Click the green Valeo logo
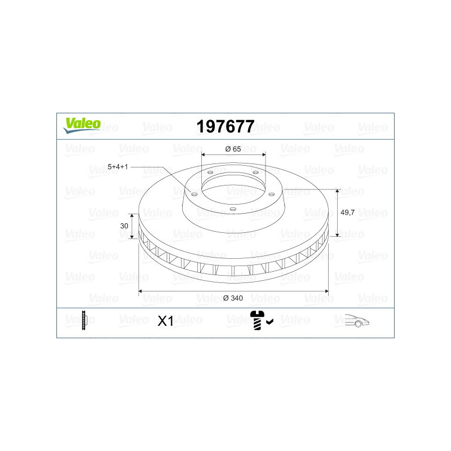[x=82, y=125]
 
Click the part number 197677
[x=225, y=126]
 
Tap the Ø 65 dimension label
[x=233, y=149]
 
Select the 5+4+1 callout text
[x=118, y=167]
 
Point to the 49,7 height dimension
[x=347, y=213]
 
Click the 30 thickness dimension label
[x=124, y=226]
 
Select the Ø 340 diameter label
[x=233, y=298]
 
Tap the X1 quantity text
[x=165, y=321]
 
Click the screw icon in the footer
[x=257, y=320]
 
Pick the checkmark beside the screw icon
[x=269, y=322]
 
